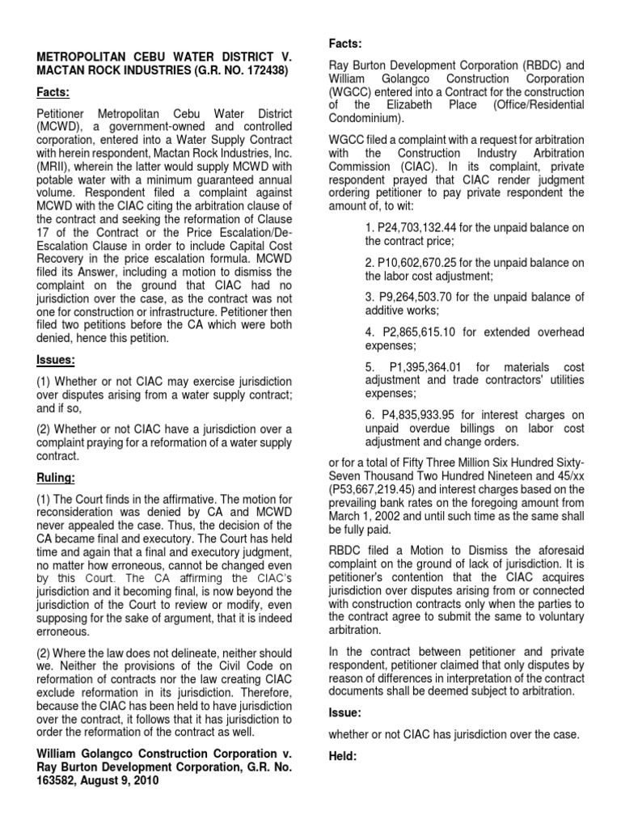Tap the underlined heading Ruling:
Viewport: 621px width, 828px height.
pyautogui.click(x=56, y=479)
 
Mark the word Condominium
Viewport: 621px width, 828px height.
pyautogui.click(x=365, y=117)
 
